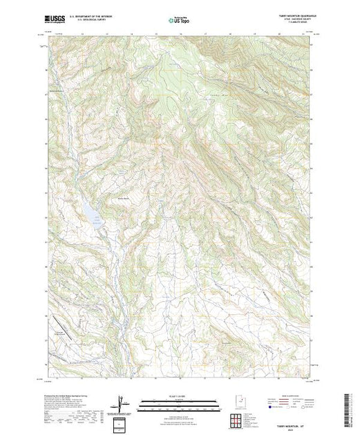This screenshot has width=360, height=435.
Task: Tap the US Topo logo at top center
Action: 179,21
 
